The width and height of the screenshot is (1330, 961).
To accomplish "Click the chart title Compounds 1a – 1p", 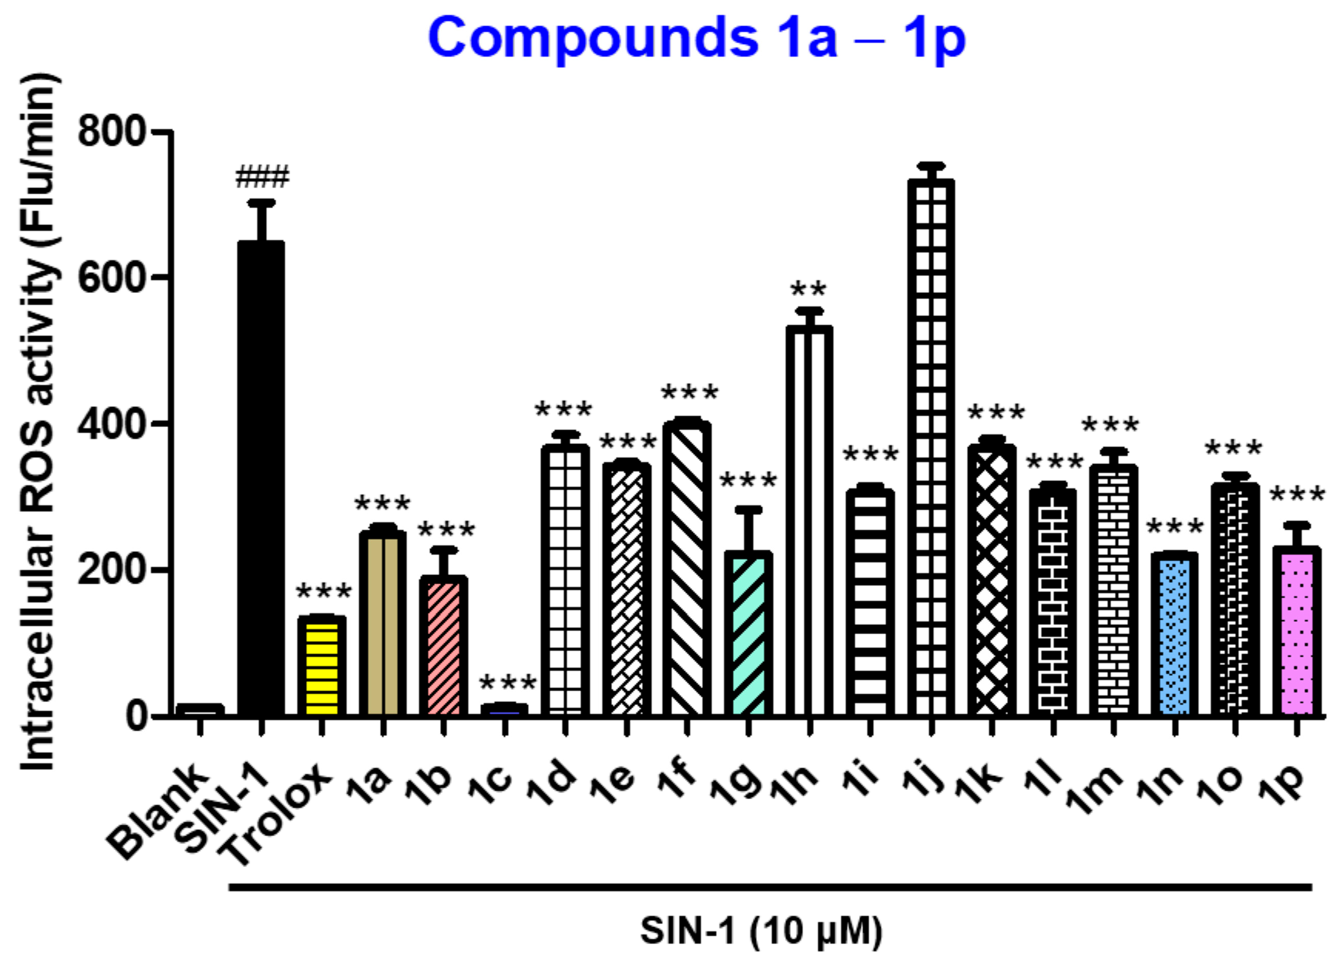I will [696, 39].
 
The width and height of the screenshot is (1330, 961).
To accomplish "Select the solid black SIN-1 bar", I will [261, 478].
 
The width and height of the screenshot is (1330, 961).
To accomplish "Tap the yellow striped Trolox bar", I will [322, 666].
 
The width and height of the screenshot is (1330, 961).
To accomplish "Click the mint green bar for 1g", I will [748, 634].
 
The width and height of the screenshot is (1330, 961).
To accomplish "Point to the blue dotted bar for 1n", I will [1174, 634].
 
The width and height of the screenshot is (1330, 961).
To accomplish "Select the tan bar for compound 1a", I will [383, 622].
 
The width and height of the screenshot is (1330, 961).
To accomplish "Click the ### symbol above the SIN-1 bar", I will [262, 177].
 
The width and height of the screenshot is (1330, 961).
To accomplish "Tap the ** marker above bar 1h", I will [808, 290].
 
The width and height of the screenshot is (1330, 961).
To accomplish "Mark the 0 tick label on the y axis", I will [139, 716].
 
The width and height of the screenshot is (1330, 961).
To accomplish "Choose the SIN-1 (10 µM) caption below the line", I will [761, 931].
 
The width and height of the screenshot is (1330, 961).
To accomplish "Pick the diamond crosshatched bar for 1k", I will [992, 581].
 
